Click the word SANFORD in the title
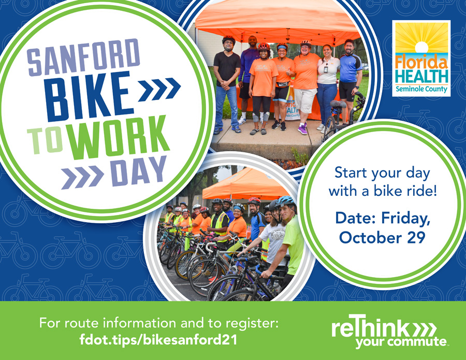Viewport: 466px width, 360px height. (83, 57)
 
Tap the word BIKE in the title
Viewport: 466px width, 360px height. (88, 96)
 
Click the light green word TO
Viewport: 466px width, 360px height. (46, 141)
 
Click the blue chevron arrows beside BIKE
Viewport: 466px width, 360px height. (159, 89)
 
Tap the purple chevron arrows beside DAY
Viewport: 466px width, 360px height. (82, 177)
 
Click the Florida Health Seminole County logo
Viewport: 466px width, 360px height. (421, 58)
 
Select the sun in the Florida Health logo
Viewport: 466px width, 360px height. (421, 47)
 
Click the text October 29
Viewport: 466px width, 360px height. (382, 238)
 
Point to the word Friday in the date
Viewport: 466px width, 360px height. (406, 219)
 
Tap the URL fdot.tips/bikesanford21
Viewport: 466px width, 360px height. (158, 339)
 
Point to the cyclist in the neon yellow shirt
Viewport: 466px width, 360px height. (290, 238)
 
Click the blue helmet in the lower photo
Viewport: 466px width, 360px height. (285, 201)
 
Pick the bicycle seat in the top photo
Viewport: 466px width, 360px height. (338, 104)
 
